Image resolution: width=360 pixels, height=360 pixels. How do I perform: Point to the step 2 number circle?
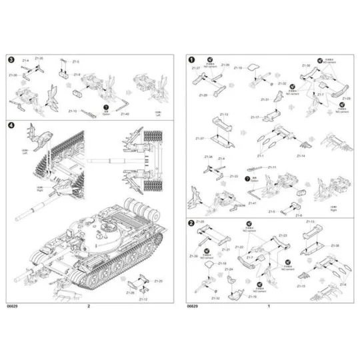192,223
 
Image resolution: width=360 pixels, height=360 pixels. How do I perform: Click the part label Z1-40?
125,114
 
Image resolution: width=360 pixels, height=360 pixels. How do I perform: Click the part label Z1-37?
199,138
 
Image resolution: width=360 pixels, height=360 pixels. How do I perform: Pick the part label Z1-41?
253,203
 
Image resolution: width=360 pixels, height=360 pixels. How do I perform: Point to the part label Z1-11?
272,167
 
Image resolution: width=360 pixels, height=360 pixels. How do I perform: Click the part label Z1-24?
229,269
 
